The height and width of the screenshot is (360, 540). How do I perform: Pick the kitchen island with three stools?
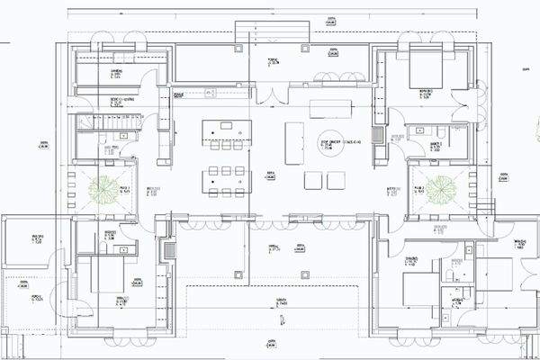[225, 131]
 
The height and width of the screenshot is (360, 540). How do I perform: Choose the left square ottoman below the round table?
[312, 181]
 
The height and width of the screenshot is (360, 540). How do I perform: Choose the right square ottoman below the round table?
[336, 181]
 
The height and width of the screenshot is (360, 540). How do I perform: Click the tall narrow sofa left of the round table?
[294, 143]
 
